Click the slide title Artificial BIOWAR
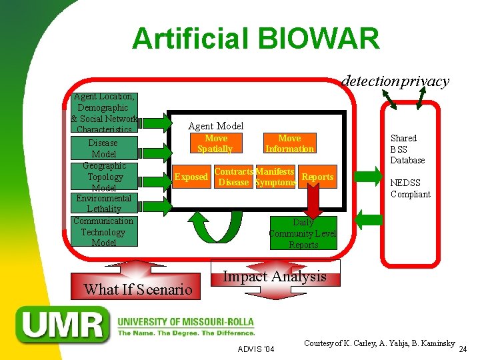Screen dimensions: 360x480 pyautogui.click(x=255, y=39)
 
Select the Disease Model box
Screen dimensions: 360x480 pyautogui.click(x=103, y=149)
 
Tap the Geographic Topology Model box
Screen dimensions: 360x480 pyautogui.click(x=105, y=177)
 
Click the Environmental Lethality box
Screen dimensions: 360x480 pyautogui.click(x=103, y=203)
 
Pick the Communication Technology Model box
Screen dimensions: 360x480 pyautogui.click(x=103, y=232)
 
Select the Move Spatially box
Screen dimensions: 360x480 pyautogui.click(x=215, y=143)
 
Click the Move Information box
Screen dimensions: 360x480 pyautogui.click(x=289, y=143)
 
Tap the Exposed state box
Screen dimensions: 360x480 pyautogui.click(x=191, y=177)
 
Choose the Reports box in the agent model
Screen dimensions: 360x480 pyautogui.click(x=317, y=177)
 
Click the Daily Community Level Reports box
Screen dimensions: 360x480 pyautogui.click(x=303, y=233)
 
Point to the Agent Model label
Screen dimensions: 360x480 pyautogui.click(x=215, y=125)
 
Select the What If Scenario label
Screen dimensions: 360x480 pyautogui.click(x=137, y=289)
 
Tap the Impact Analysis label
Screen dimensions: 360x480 pyautogui.click(x=274, y=276)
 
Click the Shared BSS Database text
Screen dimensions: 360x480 pyautogui.click(x=407, y=149)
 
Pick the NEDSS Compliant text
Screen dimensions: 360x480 pyautogui.click(x=410, y=189)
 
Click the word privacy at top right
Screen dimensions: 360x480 pyautogui.click(x=425, y=81)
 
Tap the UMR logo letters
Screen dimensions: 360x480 pyautogui.click(x=64, y=326)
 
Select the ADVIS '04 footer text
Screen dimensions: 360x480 pyautogui.click(x=255, y=349)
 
